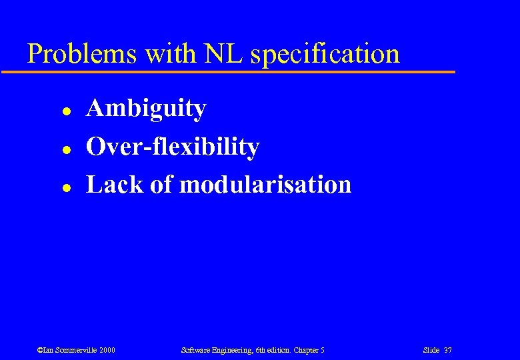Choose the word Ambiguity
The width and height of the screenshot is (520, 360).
point(146,109)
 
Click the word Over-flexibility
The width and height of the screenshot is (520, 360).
point(173,147)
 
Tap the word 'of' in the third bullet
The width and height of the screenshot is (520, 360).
point(161,185)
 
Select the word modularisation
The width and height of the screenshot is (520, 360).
point(265,185)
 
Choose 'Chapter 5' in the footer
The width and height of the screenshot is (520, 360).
point(309,350)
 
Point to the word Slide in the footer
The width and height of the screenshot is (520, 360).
point(431,350)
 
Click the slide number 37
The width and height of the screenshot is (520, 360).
point(448,350)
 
